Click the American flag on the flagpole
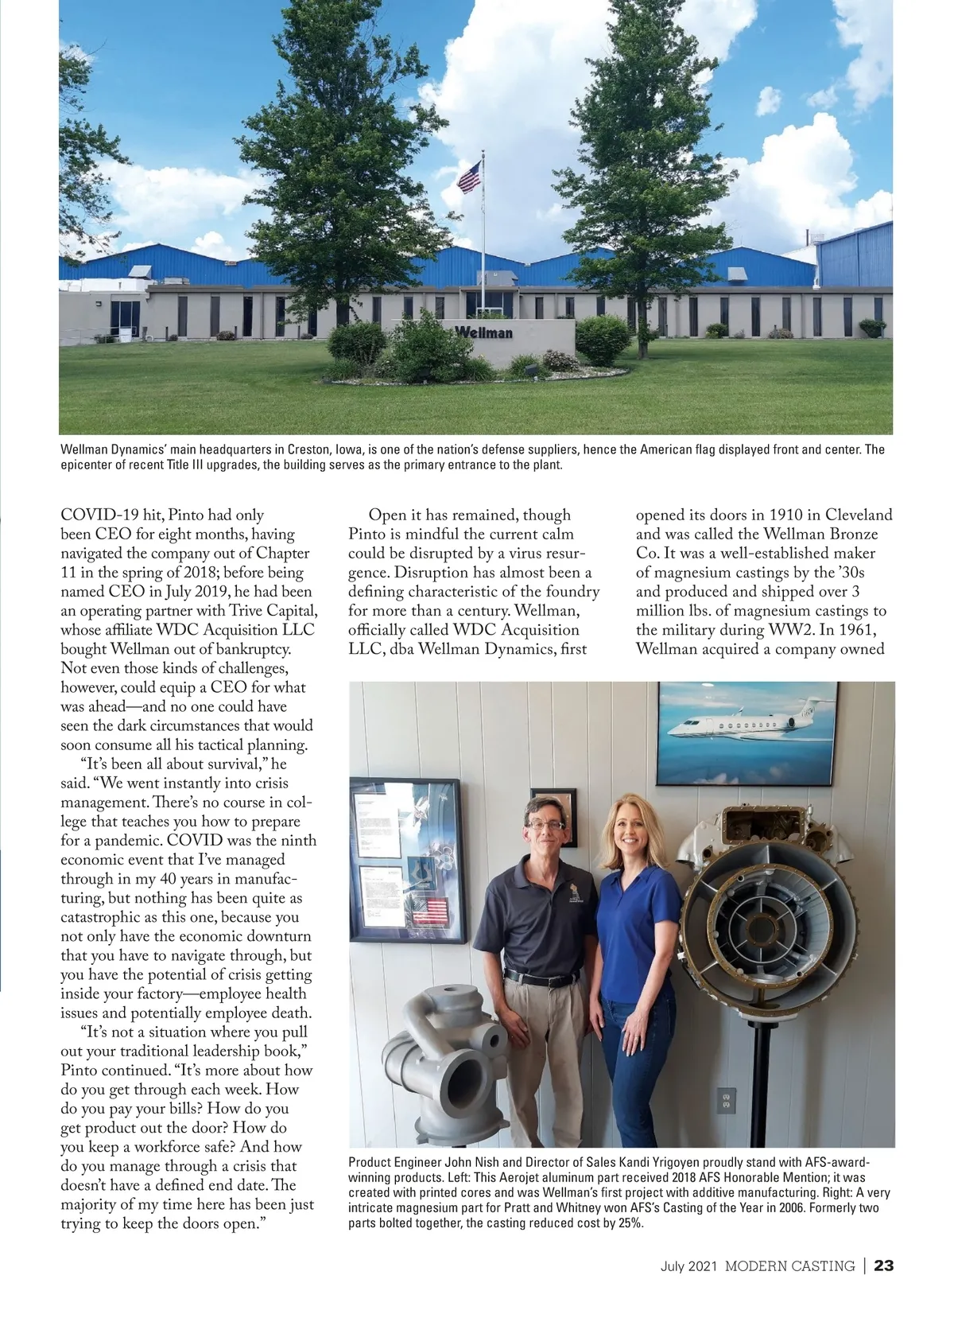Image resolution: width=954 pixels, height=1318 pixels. point(470,177)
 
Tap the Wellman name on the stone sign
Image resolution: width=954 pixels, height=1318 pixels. point(484,332)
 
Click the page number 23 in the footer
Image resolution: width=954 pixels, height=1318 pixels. point(884,1266)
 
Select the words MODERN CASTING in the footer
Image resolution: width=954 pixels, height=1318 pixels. point(789,1266)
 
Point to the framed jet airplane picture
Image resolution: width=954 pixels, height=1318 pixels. point(747,731)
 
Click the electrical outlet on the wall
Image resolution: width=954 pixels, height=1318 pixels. point(724,1101)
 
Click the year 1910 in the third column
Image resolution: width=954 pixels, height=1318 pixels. point(787,515)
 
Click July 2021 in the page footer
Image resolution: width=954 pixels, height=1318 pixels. point(689,1266)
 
